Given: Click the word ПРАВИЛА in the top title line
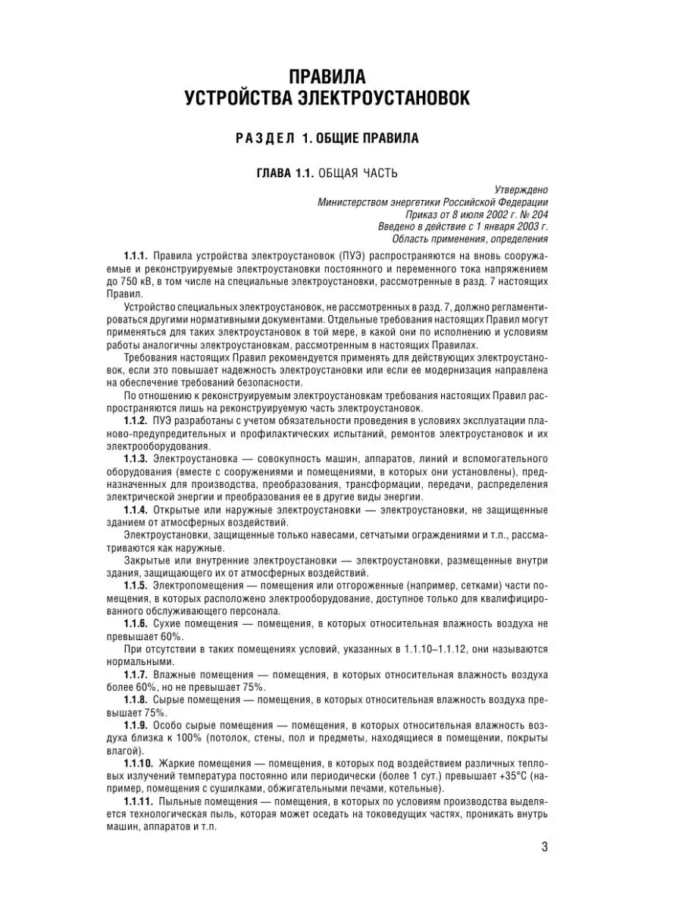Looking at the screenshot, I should pos(328,77).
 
